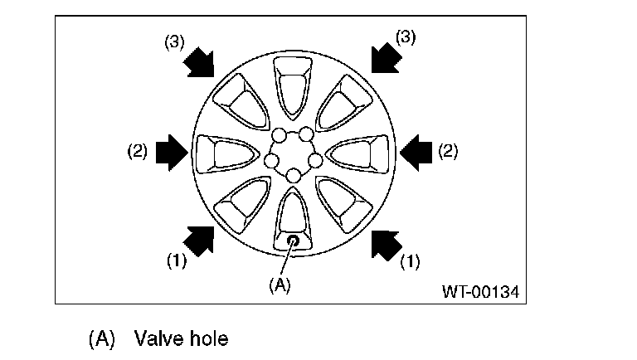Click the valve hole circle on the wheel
coord(293,241)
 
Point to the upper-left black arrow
coord(198,61)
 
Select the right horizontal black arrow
coord(416,151)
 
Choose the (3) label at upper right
coord(405,37)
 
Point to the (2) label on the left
coord(137,152)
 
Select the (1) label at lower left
coord(176,260)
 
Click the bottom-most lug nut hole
coord(293,175)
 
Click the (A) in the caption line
coord(100,338)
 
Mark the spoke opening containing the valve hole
coord(293,219)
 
